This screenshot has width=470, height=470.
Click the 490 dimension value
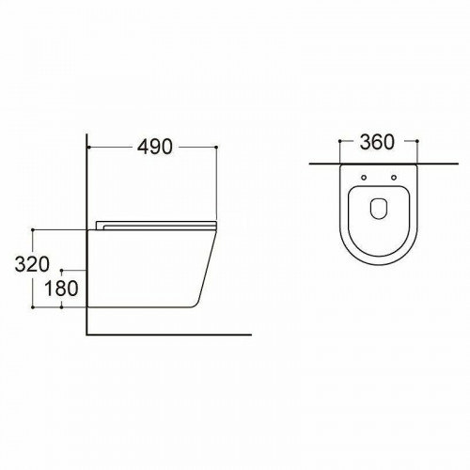155,147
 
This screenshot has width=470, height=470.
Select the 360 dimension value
377,142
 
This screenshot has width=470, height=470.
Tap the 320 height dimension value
32,264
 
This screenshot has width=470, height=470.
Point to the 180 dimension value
61,289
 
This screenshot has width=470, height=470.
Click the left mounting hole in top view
364,178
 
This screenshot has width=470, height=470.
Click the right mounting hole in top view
394,178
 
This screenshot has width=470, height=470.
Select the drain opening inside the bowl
379,209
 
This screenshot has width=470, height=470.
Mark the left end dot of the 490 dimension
89,147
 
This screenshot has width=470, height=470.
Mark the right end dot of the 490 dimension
216,147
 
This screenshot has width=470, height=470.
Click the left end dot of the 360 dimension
340,141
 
